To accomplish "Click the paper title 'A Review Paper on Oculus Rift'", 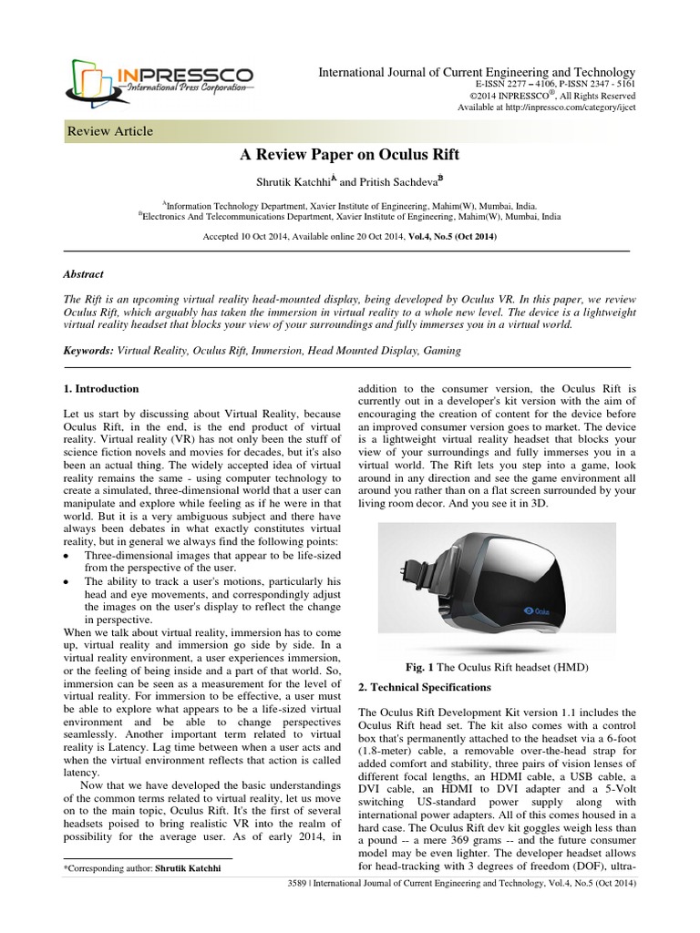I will (x=349, y=157).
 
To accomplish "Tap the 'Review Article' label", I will (x=110, y=131).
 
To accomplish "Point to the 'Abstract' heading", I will (x=83, y=273).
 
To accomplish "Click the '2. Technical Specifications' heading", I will (x=425, y=686).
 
